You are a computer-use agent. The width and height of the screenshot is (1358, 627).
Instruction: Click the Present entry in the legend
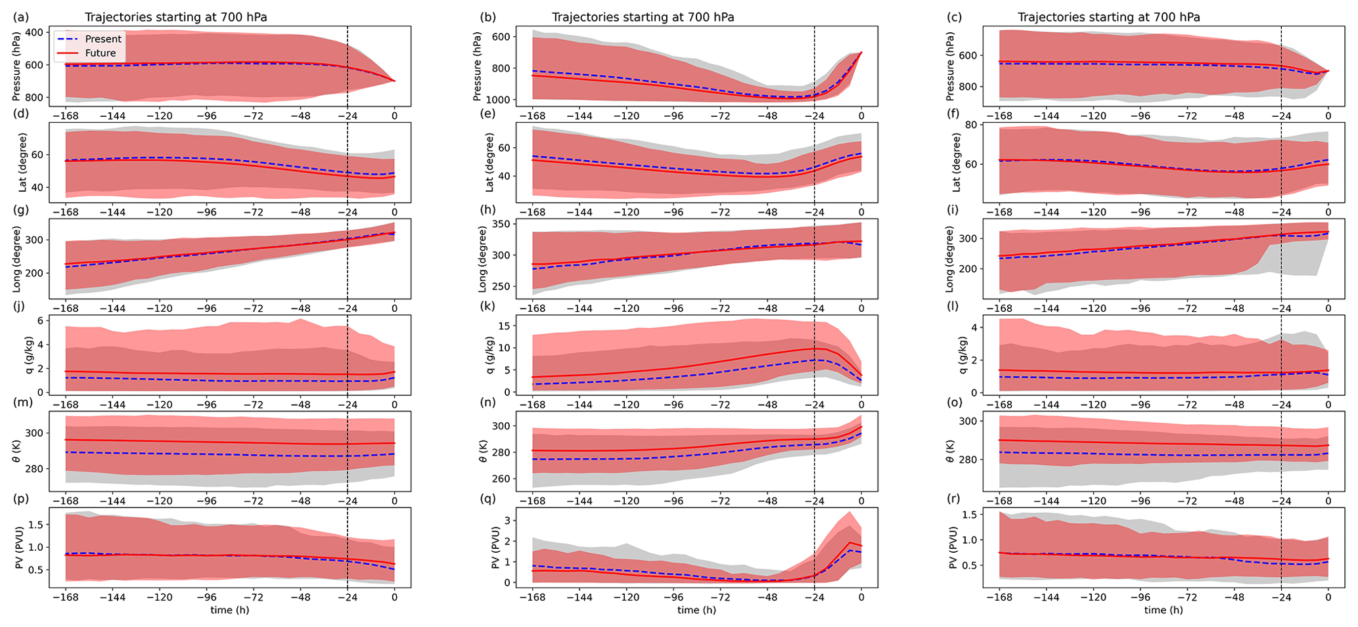[103, 39]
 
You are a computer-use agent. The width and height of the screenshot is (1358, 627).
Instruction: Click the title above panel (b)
[643, 18]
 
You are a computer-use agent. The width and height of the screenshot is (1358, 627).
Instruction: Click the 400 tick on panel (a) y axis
[53, 32]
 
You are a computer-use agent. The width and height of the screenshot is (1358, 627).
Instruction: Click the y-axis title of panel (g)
[16, 259]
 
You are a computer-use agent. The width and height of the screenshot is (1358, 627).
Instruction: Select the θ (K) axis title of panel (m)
[16, 451]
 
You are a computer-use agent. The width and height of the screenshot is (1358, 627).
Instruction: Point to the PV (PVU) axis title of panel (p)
[16, 548]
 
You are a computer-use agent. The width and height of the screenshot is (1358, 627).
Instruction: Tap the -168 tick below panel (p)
[65, 598]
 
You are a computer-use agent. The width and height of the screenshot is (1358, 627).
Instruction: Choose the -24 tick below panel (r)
[1280, 598]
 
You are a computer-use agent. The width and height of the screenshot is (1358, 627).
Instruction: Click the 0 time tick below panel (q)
[861, 598]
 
